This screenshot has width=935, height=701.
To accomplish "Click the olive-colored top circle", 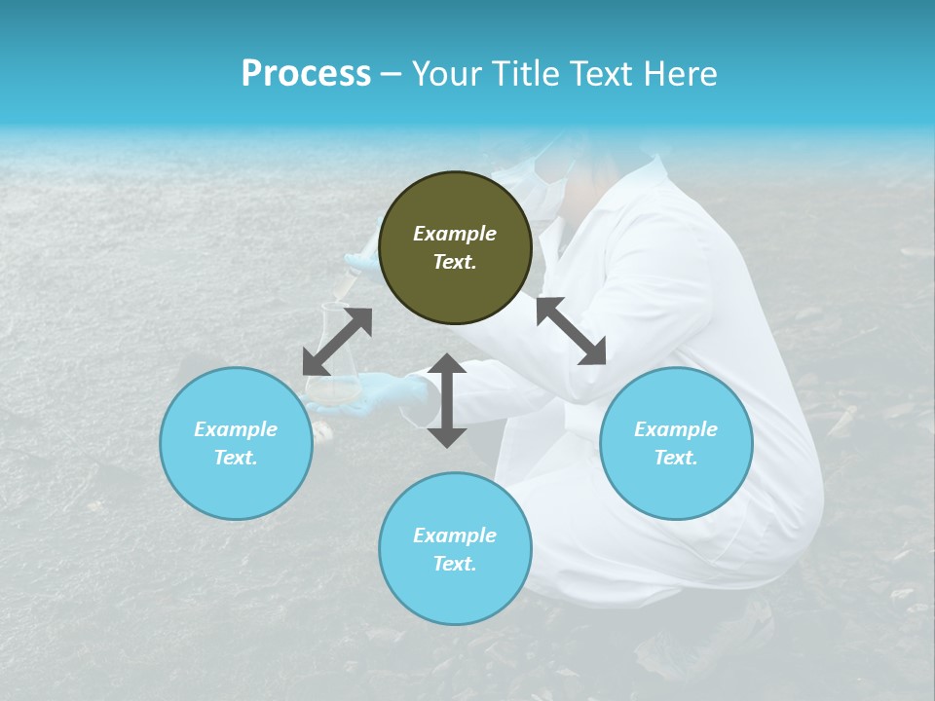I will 455,248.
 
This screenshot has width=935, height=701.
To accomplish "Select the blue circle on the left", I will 236,443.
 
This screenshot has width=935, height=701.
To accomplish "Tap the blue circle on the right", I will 676,443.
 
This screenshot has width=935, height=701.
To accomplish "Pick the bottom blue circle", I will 455,549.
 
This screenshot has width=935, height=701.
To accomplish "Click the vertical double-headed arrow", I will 447,400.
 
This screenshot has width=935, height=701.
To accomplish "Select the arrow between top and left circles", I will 337,342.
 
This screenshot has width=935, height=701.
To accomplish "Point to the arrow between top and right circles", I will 571,331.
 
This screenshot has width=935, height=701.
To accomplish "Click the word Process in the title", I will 306,74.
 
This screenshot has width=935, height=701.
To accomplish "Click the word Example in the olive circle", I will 455,234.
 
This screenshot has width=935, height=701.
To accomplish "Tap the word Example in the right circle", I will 676,429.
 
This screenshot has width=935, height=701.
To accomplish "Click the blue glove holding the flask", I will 390,394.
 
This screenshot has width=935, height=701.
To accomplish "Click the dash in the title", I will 391,74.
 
